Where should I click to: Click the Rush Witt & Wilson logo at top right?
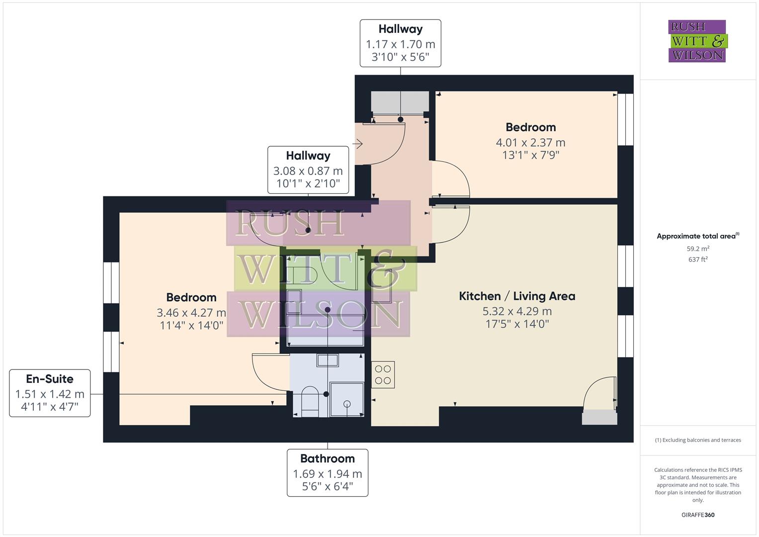tap(697, 41)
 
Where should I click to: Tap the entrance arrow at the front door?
tap(357, 144)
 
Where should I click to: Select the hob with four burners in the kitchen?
tap(383, 375)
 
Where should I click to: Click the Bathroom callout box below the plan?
tap(327, 472)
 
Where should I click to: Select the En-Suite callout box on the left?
tap(50, 393)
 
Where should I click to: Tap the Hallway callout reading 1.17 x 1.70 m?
tap(400, 43)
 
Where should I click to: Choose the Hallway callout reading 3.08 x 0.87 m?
tap(308, 170)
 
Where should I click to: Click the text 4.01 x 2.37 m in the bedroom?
tap(530, 142)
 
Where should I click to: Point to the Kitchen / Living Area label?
tap(517, 296)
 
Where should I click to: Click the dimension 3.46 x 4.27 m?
tap(191, 313)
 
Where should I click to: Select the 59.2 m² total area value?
tap(698, 249)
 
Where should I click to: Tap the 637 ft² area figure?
tap(698, 260)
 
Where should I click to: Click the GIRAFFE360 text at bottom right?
tap(698, 515)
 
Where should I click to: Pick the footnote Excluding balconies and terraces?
tap(698, 440)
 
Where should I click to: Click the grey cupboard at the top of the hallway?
tap(400, 101)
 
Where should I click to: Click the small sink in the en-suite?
tap(328, 360)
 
